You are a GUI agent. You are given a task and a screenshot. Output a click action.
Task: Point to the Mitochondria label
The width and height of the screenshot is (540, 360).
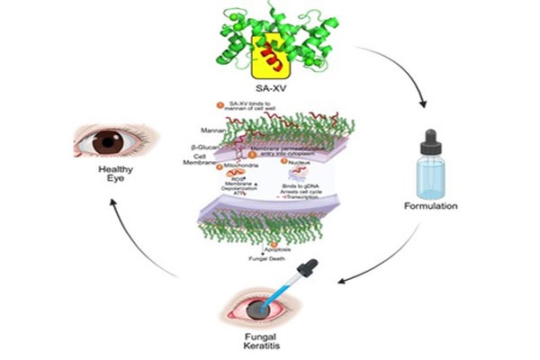click(242, 166)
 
